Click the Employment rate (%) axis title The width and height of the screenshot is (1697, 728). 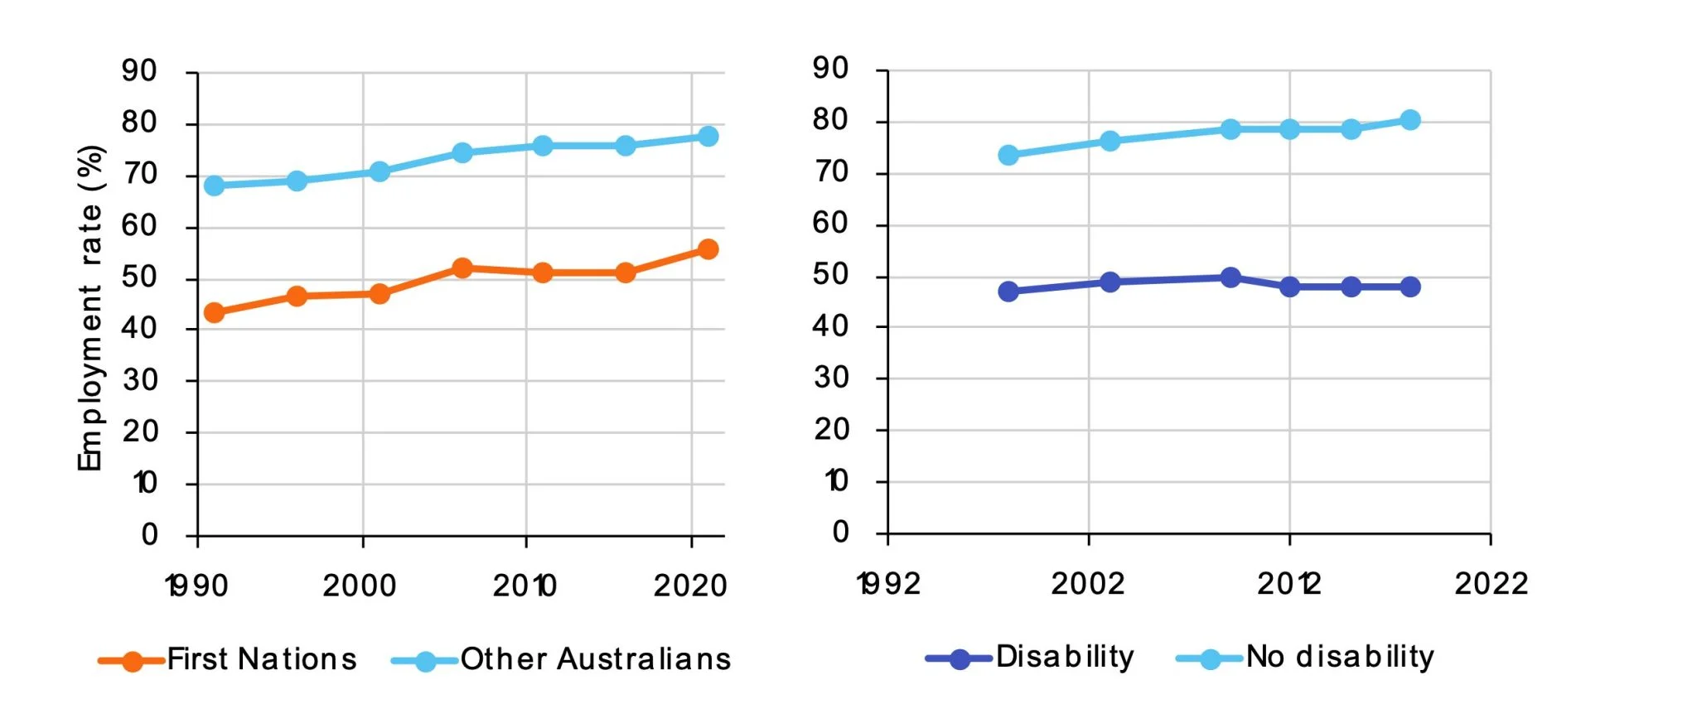click(89, 308)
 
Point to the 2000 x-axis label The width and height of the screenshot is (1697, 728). click(360, 586)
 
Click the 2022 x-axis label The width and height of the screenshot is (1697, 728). click(1491, 584)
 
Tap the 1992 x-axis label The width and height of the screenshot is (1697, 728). click(888, 584)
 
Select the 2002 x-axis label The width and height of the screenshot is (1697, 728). click(1088, 584)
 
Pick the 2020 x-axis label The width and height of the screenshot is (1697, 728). click(690, 586)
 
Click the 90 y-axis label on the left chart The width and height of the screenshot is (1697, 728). click(138, 71)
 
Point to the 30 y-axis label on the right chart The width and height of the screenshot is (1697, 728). click(830, 378)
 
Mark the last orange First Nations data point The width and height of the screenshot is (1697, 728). click(708, 249)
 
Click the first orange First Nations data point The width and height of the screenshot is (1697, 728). click(214, 312)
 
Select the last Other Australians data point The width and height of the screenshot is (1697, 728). click(708, 136)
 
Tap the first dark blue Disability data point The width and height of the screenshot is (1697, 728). click(1008, 292)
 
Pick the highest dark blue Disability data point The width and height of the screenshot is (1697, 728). click(1230, 277)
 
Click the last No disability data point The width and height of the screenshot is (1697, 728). click(1410, 120)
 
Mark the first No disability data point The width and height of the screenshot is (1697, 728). click(1008, 155)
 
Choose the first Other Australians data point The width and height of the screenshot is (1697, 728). click(214, 186)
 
